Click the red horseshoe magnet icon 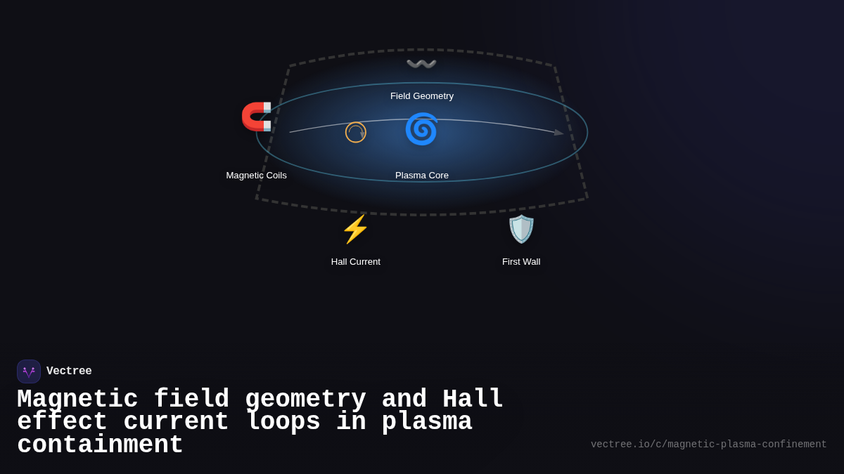tap(256, 117)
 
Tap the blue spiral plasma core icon tap(421, 129)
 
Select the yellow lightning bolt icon tap(355, 229)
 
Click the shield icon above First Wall tap(521, 229)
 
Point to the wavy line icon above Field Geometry tap(421, 65)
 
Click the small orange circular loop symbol tap(356, 132)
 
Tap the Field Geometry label tap(422, 96)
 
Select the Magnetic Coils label tap(256, 176)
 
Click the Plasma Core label tap(422, 176)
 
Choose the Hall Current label tap(356, 262)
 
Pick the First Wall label tap(521, 262)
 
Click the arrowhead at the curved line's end tap(559, 132)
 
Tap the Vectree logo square tap(29, 371)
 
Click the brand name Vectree tap(69, 371)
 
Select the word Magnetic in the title tap(77, 400)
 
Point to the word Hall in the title tap(473, 400)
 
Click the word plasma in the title tap(427, 422)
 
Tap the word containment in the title tap(100, 445)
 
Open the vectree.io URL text tap(708, 445)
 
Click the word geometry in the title tap(305, 400)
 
